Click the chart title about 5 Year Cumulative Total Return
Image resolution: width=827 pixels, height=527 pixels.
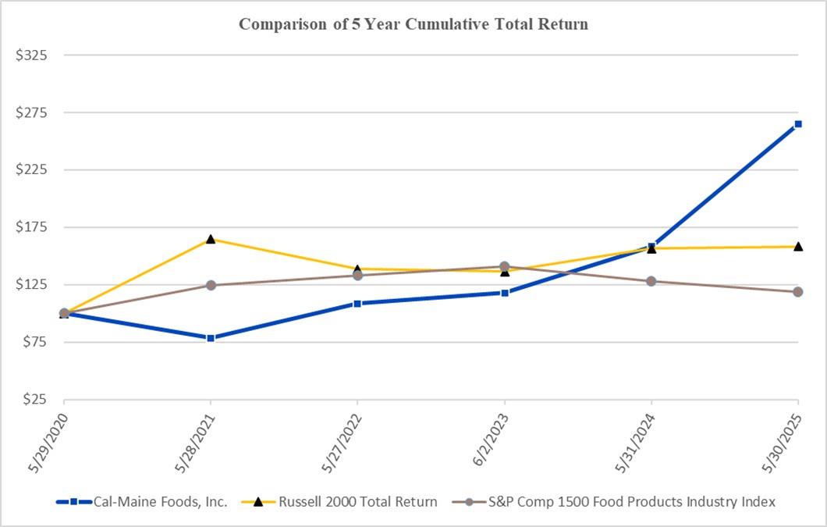coord(413,24)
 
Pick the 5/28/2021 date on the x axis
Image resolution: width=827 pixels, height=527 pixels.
coord(194,439)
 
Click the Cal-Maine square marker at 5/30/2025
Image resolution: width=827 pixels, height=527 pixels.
coord(798,124)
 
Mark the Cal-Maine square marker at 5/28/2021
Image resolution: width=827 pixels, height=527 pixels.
coord(211,338)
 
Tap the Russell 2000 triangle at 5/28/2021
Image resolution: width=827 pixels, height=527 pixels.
coord(211,239)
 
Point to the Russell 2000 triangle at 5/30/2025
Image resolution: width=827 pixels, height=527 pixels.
coord(798,247)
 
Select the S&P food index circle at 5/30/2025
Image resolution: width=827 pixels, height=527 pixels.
coord(798,292)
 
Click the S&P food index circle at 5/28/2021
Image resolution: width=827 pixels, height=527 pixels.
coord(211,285)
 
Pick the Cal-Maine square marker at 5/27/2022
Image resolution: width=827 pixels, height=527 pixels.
coord(357,304)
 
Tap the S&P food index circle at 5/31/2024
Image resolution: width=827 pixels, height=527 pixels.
coord(651,281)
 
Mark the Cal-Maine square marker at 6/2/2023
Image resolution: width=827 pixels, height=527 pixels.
coord(505,293)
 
